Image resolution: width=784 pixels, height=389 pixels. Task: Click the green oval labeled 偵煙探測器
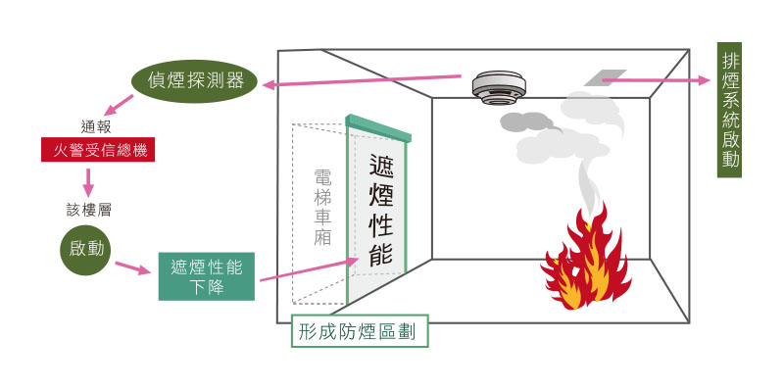(194, 81)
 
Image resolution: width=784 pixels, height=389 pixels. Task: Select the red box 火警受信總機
(98, 150)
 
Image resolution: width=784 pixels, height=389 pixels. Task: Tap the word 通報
(95, 126)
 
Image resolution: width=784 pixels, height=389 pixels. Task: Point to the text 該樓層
(88, 210)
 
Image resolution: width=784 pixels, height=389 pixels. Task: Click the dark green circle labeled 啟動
(84, 250)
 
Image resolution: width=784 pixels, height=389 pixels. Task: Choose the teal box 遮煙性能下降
(207, 276)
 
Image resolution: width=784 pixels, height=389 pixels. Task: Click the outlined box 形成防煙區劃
(360, 331)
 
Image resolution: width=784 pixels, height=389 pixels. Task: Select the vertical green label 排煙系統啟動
(729, 110)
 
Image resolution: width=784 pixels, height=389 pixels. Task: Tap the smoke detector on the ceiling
(500, 88)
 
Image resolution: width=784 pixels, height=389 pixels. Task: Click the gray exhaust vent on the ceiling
(605, 77)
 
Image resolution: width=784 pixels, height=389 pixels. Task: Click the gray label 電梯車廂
(322, 207)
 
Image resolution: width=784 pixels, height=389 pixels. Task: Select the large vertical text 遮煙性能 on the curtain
(381, 209)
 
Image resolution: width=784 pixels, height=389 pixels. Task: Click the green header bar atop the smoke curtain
(378, 128)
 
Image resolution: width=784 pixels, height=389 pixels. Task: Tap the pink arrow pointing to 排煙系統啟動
(656, 80)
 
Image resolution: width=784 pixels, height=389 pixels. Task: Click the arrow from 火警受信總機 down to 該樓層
(88, 182)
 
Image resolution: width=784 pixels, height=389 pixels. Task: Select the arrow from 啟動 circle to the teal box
(132, 267)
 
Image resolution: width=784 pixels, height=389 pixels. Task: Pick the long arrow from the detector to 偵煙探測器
(362, 80)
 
